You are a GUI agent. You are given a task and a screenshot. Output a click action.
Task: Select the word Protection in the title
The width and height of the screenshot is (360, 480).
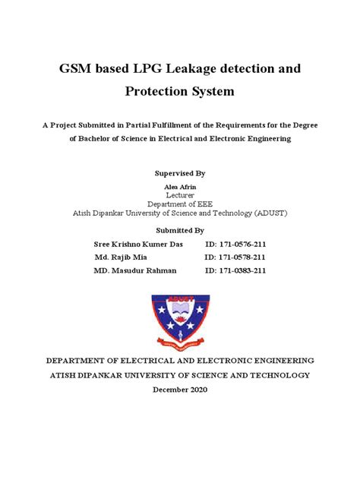tap(146, 92)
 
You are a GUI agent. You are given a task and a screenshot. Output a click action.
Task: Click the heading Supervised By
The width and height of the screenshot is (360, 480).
tap(179, 174)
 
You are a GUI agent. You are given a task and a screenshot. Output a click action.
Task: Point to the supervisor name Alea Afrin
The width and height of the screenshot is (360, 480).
tap(180, 186)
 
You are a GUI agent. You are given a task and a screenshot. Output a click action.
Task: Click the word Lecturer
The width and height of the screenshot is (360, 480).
tap(180, 194)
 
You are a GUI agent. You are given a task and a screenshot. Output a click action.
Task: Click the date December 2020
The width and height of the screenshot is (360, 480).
tap(180, 390)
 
